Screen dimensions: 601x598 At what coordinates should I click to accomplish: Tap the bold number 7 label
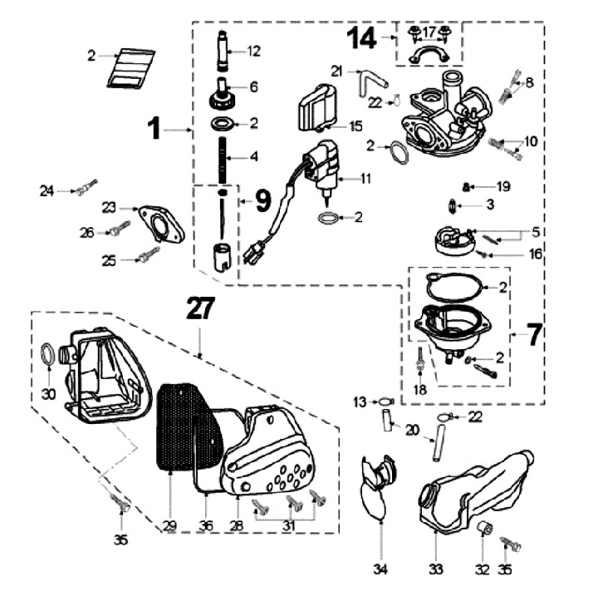pyautogui.click(x=533, y=334)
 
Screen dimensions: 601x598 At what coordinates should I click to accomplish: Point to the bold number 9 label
pyautogui.click(x=262, y=200)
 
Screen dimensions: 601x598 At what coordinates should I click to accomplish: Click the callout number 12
pyautogui.click(x=253, y=52)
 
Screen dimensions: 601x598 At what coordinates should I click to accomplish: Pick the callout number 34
pyautogui.click(x=380, y=570)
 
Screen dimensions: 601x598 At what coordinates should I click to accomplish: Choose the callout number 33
pyautogui.click(x=434, y=570)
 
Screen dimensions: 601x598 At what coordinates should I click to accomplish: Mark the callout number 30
pyautogui.click(x=48, y=393)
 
